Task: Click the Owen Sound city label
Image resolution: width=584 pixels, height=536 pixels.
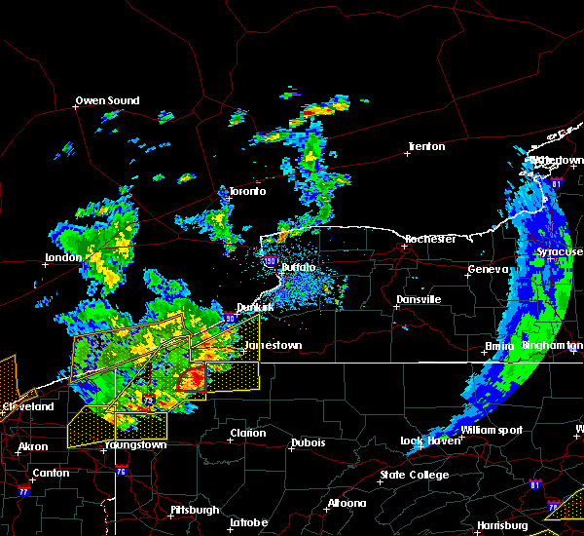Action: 108,100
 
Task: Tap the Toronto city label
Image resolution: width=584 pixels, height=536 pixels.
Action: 247,191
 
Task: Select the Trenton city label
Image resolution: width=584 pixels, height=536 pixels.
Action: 426,147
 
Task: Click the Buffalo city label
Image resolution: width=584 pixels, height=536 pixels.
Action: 299,267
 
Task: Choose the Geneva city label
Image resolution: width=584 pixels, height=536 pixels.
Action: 488,269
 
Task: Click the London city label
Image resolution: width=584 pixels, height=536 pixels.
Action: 61,258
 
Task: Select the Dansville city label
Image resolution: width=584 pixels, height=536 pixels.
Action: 419,299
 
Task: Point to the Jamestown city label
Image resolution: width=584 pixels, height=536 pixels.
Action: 273,345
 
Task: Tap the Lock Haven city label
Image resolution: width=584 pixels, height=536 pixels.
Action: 427,441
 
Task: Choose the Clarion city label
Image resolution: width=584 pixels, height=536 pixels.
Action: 247,434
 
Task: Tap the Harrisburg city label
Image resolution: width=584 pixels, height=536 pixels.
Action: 502,526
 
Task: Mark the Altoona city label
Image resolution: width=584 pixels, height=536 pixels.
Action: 347,504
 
